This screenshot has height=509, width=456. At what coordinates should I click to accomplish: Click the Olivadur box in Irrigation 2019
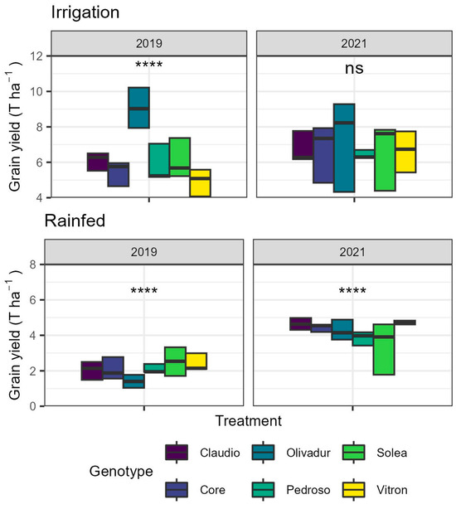[138, 107]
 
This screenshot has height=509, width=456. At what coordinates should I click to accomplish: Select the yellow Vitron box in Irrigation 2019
[200, 182]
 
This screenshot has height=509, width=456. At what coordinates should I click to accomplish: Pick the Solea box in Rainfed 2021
[383, 349]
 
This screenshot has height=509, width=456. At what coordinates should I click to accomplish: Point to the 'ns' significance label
[355, 70]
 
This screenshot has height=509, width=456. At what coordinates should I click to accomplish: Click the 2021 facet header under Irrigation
[354, 43]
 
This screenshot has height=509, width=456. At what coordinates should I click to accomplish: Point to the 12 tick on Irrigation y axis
[37, 56]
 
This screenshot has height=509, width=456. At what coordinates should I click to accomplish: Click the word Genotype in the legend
[122, 471]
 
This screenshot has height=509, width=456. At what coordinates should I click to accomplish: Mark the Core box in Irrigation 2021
[323, 155]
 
